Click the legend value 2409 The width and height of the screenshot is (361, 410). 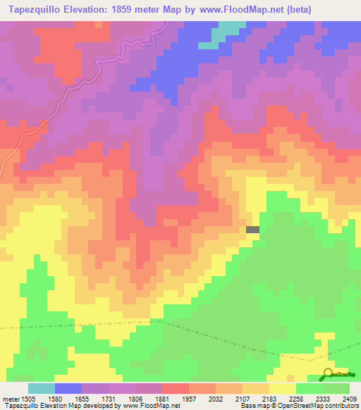(x=350, y=399)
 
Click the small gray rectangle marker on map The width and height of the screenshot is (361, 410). (x=252, y=229)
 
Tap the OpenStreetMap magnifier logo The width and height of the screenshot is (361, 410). (x=329, y=374)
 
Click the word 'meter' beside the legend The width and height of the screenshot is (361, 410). (x=10, y=399)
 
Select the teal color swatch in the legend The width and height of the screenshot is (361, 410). (x=42, y=388)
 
